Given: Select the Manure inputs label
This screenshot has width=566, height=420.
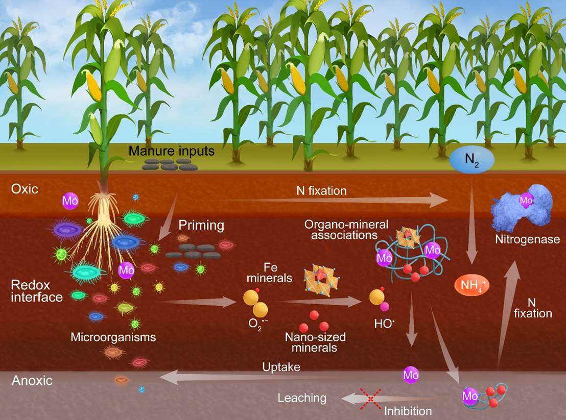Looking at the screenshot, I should tap(171, 151).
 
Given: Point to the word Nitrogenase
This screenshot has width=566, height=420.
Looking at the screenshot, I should tap(527, 238).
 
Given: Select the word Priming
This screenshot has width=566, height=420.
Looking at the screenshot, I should tap(201, 226).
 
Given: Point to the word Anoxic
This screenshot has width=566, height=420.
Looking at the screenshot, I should tap(32, 381).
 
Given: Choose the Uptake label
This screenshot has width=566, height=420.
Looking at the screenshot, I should tap(280, 367).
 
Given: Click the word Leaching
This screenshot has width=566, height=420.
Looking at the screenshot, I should tap(302, 398).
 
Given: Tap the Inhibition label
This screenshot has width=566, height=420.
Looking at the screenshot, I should tap(408, 410).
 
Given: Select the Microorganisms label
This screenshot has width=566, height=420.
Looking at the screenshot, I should tap(113, 337).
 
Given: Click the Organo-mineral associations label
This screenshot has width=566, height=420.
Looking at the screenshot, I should tap(346, 230).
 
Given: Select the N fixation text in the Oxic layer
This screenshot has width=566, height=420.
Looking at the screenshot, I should tap(321, 191).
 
